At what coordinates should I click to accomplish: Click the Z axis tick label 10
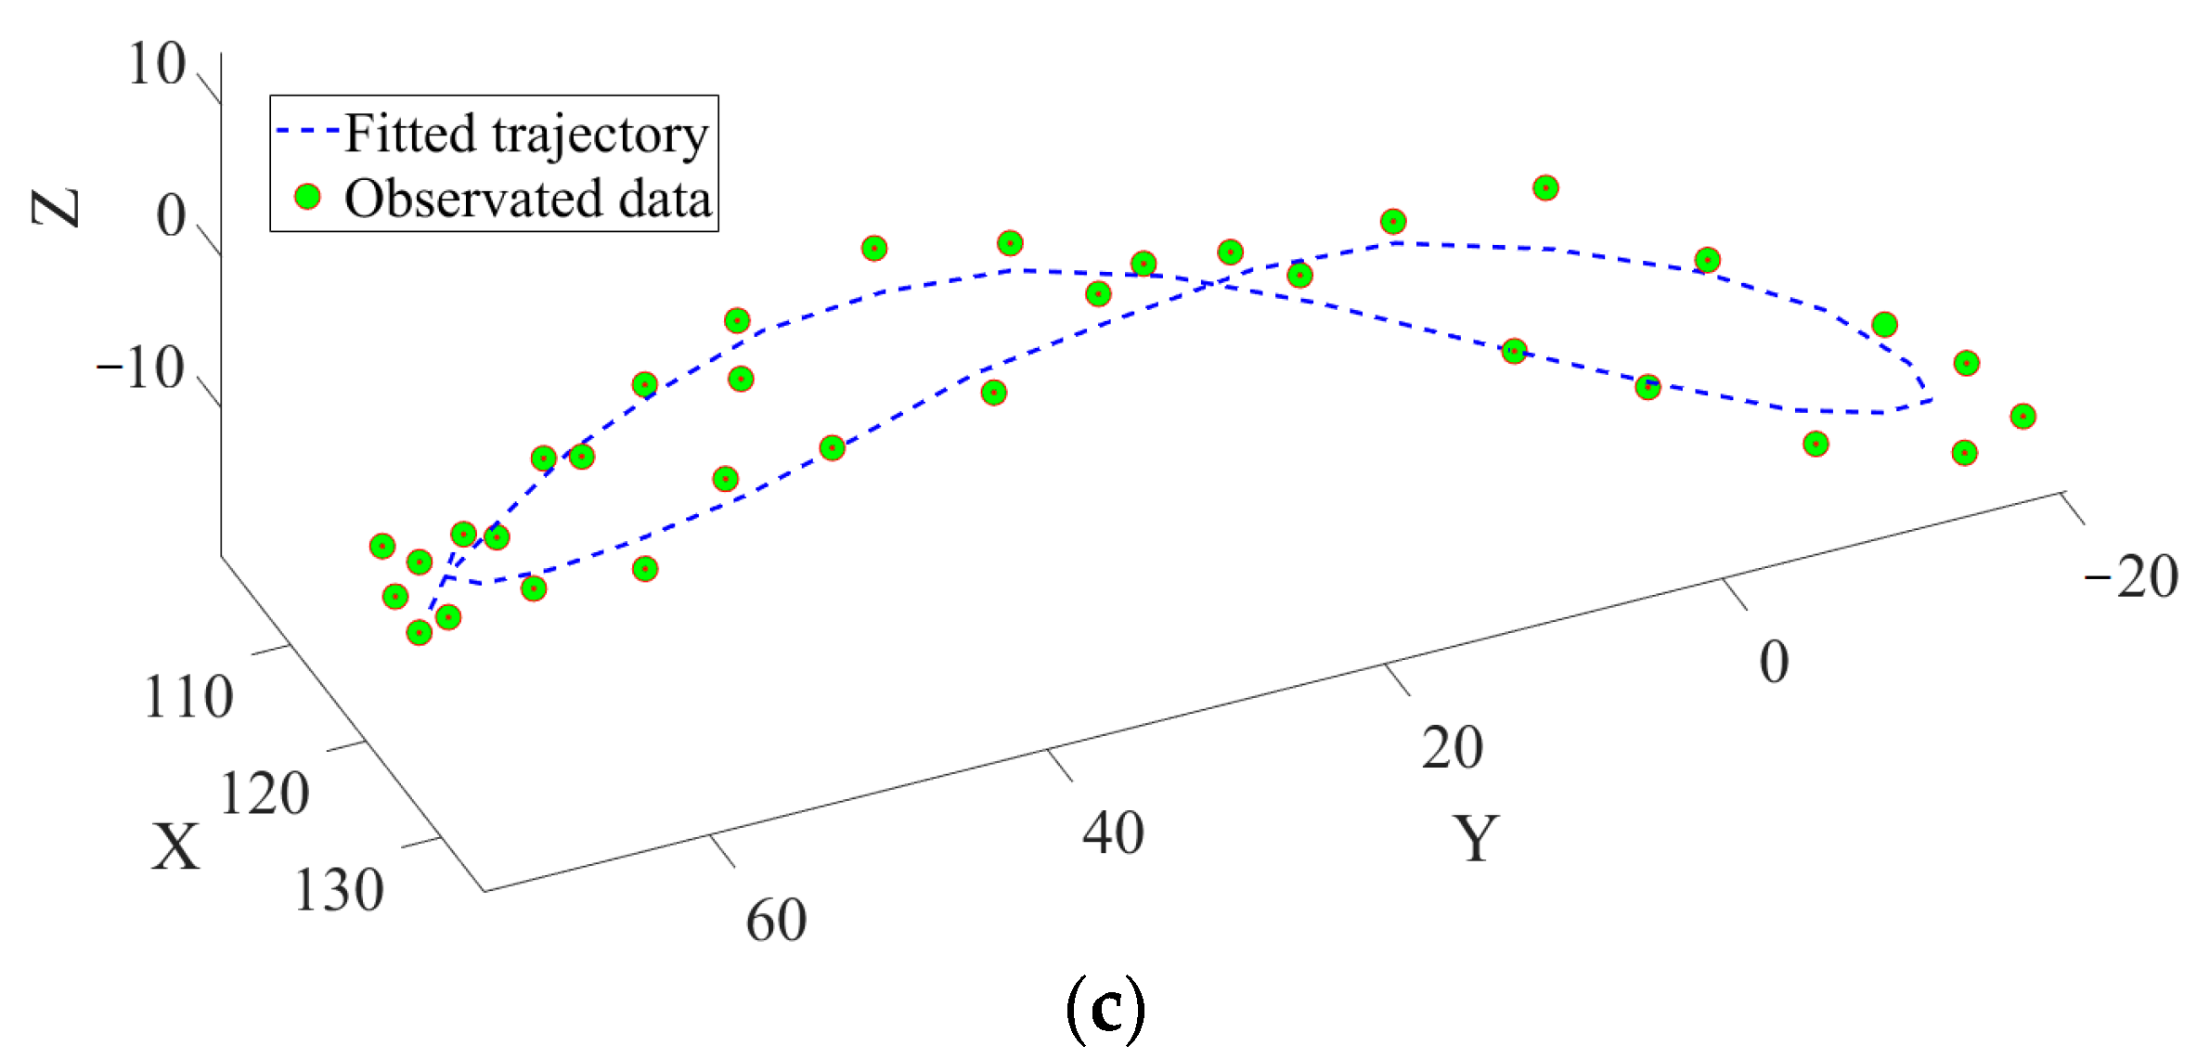(x=157, y=65)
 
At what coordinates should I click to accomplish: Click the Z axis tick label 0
(x=171, y=216)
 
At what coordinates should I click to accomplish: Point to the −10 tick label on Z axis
(x=140, y=368)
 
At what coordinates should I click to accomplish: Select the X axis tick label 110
(x=188, y=698)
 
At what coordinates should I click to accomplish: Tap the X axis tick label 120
(x=265, y=794)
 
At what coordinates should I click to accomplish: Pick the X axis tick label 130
(x=339, y=891)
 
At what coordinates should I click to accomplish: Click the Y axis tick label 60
(x=776, y=921)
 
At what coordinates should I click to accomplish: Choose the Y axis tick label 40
(x=1113, y=833)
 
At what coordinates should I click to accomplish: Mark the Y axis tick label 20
(x=1452, y=748)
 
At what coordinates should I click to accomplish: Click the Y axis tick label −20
(x=2130, y=577)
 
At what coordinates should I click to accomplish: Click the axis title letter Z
(x=56, y=208)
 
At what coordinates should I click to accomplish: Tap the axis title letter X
(x=175, y=846)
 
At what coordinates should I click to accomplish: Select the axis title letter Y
(x=1475, y=838)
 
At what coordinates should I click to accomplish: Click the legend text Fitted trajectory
(x=525, y=135)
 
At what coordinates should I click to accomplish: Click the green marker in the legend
(x=307, y=197)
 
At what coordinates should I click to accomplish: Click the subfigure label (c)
(x=1105, y=1009)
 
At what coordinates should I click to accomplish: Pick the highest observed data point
(x=1544, y=188)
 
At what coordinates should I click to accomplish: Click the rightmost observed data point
(x=2023, y=417)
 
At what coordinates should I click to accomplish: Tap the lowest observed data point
(x=420, y=633)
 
